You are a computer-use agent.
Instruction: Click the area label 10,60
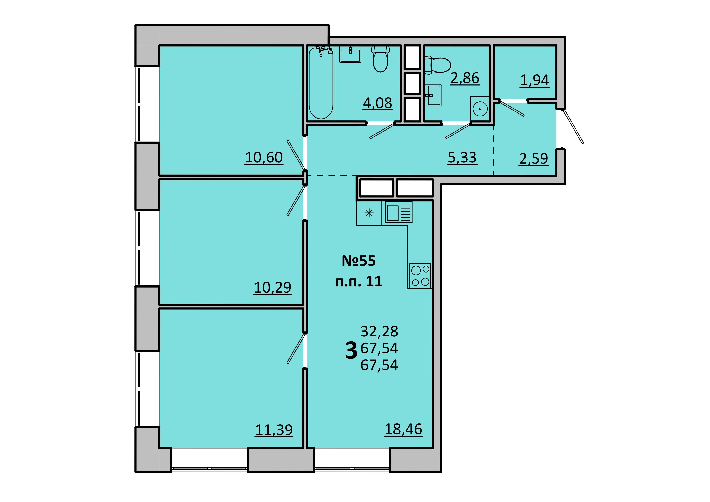pyautogui.click(x=264, y=158)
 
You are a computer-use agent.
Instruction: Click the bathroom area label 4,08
pyautogui.click(x=378, y=103)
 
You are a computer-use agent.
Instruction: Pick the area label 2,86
pyautogui.click(x=465, y=78)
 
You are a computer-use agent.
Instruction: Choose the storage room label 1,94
pyautogui.click(x=535, y=80)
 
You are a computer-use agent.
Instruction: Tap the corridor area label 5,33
pyautogui.click(x=462, y=158)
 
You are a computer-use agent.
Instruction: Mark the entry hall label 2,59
pyautogui.click(x=534, y=159)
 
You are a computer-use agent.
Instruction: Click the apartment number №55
pyautogui.click(x=359, y=261)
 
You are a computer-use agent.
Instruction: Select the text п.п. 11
pyautogui.click(x=359, y=281)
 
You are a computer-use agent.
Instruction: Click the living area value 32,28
pyautogui.click(x=379, y=331)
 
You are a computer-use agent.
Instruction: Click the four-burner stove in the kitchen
pyautogui.click(x=420, y=276)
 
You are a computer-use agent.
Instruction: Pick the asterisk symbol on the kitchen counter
pyautogui.click(x=369, y=213)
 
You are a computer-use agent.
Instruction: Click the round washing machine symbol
pyautogui.click(x=480, y=108)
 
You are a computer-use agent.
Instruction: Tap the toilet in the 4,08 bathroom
pyautogui.click(x=380, y=59)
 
